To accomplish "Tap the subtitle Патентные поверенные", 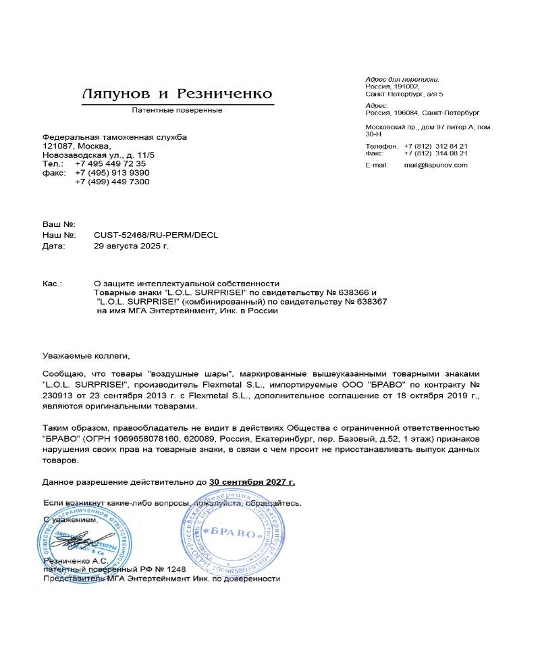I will pyautogui.click(x=177, y=109).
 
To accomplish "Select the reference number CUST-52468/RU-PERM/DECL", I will pyautogui.click(x=156, y=235).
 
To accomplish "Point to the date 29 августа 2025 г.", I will pyautogui.click(x=132, y=246).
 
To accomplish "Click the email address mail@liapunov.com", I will pyautogui.click(x=435, y=165).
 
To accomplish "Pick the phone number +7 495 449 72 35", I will pyautogui.click(x=110, y=164).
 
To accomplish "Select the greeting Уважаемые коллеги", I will pyautogui.click(x=85, y=355).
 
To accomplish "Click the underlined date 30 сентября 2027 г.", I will pyautogui.click(x=252, y=482).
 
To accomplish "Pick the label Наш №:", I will pyautogui.click(x=59, y=235).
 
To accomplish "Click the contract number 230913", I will pyautogui.click(x=61, y=397).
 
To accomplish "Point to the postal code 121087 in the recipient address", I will pyautogui.click(x=57, y=146).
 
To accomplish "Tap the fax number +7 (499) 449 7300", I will pyautogui.click(x=112, y=182).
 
